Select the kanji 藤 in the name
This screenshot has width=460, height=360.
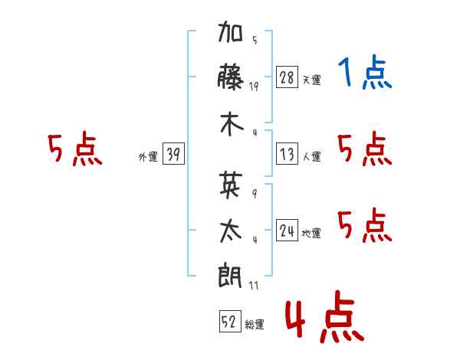232,79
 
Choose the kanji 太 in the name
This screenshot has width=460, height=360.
232,231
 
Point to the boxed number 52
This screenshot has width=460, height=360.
229,322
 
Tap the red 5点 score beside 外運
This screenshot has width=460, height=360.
75,149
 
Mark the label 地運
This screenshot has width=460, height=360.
312,233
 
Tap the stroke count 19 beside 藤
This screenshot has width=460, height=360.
254,87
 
